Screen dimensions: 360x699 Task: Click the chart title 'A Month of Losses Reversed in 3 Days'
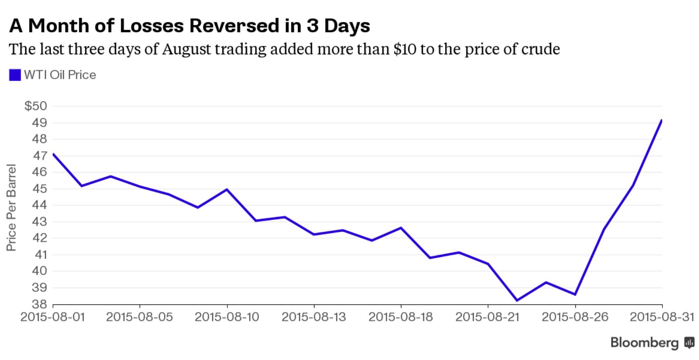[190, 26]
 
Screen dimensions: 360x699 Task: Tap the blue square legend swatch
[15, 75]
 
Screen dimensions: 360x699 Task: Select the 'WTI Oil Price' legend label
[60, 75]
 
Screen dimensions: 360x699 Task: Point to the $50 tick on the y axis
[35, 106]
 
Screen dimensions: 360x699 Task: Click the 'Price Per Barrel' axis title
[11, 207]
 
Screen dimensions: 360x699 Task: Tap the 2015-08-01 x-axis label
[53, 317]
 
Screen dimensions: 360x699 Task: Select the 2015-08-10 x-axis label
[227, 317]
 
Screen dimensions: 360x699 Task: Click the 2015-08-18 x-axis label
[401, 317]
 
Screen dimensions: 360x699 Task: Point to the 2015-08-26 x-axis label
[575, 317]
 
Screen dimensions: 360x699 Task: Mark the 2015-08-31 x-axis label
[662, 317]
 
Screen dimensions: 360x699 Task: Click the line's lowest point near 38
[517, 300]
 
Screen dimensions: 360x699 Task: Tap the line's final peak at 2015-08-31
[662, 120]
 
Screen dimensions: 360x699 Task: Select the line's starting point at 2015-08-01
[53, 154]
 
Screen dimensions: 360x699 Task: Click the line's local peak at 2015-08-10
[227, 189]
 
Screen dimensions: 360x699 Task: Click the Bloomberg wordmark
[644, 343]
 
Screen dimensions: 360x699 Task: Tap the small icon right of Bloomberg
[689, 343]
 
